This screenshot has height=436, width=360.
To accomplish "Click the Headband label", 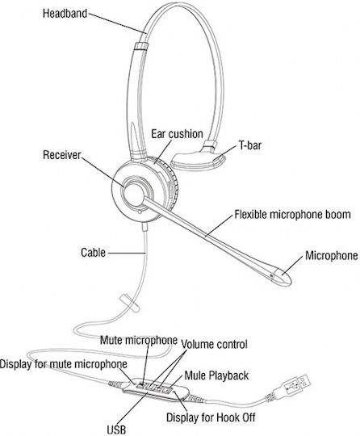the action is [x=65, y=14].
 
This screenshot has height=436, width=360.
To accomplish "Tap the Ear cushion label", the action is [x=177, y=134].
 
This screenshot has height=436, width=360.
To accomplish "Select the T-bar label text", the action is [x=250, y=145].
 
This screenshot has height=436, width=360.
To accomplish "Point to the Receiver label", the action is [x=61, y=155].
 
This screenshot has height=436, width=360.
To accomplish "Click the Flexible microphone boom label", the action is [x=292, y=215].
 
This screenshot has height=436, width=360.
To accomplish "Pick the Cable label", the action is [x=93, y=253].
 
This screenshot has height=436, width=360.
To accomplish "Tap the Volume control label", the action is [x=214, y=345].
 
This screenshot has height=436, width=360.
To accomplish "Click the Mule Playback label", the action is [x=216, y=375].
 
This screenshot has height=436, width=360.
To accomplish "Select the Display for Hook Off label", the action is [x=211, y=417].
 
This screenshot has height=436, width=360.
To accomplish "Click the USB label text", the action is [x=116, y=430].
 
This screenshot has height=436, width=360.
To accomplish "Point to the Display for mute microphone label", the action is [x=64, y=364].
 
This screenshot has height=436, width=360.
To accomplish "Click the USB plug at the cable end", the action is [x=292, y=386].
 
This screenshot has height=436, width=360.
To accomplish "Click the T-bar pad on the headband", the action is [x=198, y=161].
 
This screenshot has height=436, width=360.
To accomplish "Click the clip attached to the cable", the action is [x=129, y=303].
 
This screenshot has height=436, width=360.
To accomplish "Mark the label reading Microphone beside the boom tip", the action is [x=332, y=255].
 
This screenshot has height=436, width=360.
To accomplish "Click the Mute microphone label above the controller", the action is [x=139, y=340].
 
